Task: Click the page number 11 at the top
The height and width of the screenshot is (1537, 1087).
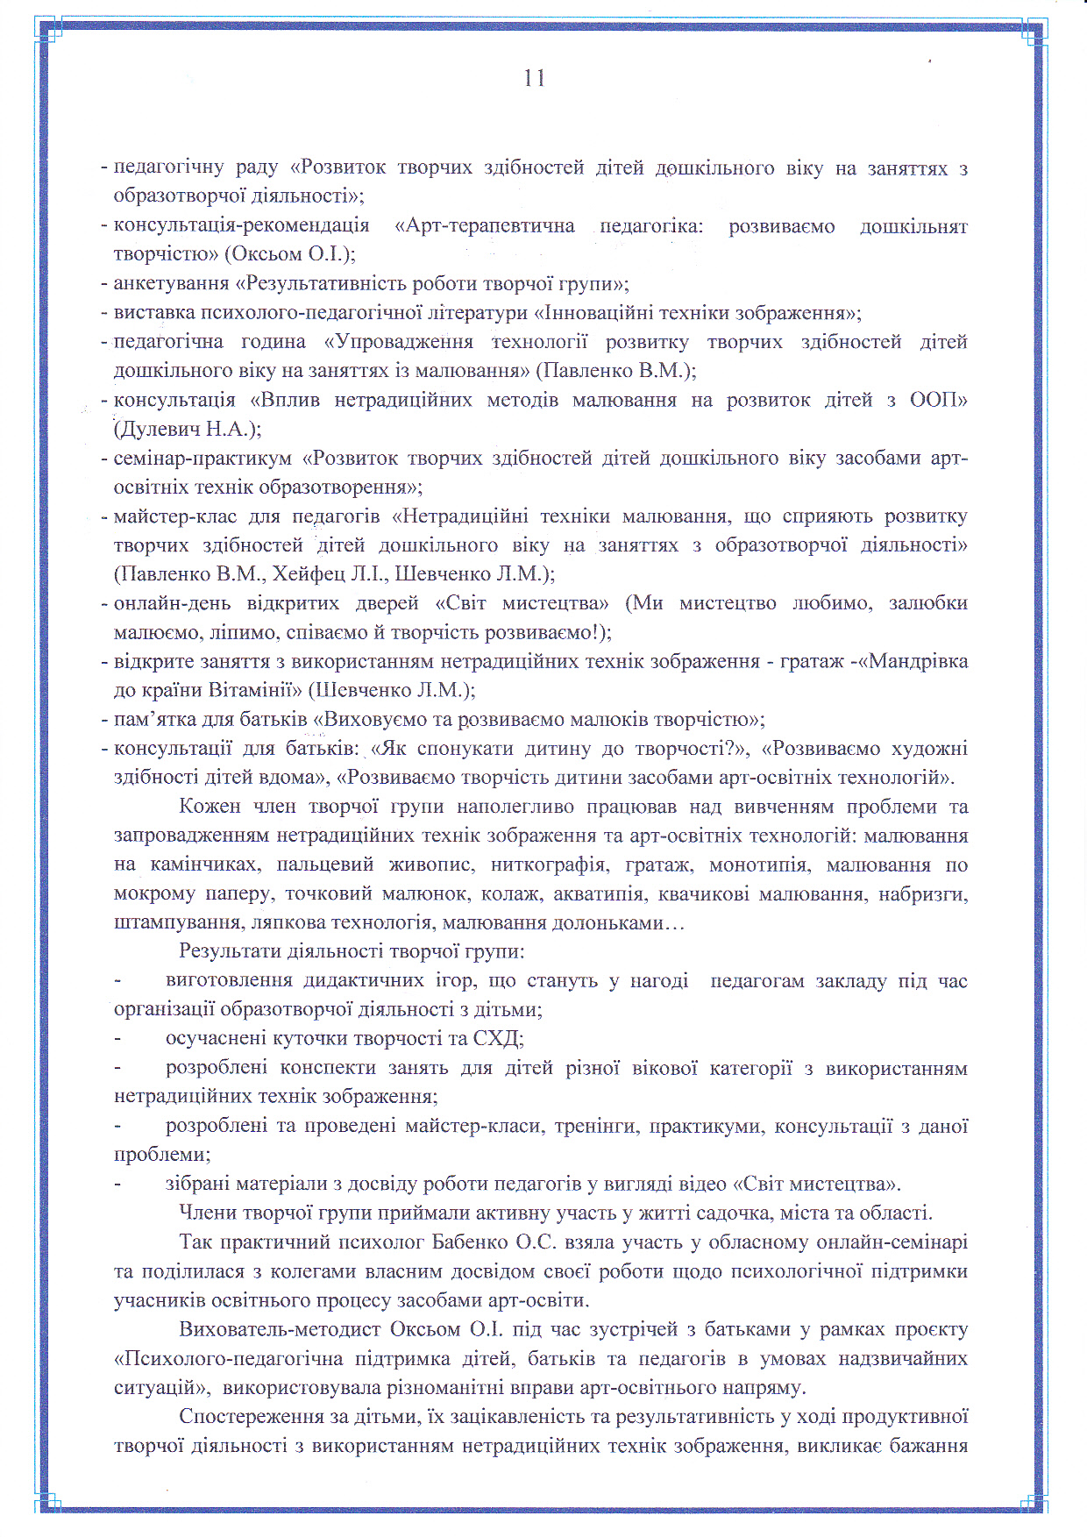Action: click(x=535, y=78)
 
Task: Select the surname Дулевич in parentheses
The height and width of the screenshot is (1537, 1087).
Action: click(x=155, y=429)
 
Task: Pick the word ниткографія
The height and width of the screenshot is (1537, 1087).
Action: click(x=549, y=865)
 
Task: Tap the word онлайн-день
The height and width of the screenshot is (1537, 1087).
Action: click(x=172, y=603)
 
